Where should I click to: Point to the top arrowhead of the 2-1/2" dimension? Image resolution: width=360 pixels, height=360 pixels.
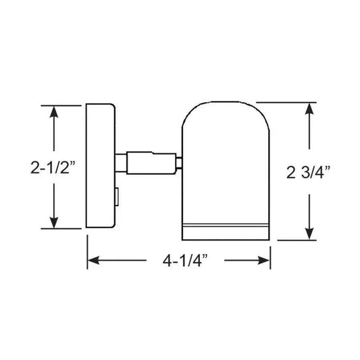(x=54, y=109)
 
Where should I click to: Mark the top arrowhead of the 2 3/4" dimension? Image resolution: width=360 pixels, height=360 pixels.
(x=309, y=108)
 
